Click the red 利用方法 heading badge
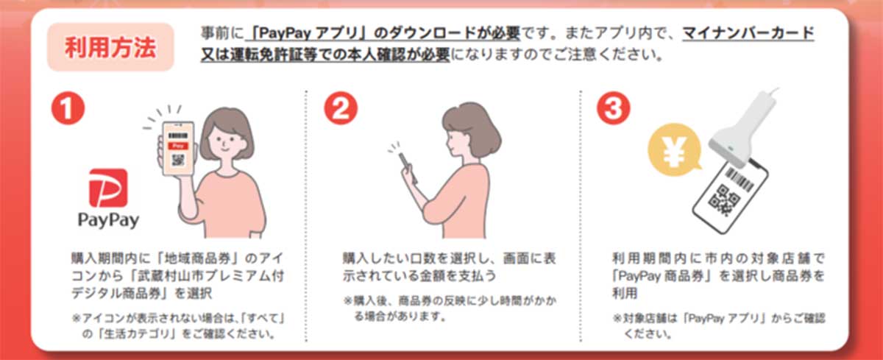tap(110, 47)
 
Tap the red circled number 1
tap(68, 108)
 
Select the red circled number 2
tap(341, 108)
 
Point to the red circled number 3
tap(614, 108)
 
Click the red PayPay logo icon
tap(108, 188)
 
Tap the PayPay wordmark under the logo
tap(108, 220)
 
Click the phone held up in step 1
tap(178, 148)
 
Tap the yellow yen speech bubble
tap(675, 150)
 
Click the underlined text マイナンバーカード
tap(748, 33)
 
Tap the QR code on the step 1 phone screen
tap(178, 160)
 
